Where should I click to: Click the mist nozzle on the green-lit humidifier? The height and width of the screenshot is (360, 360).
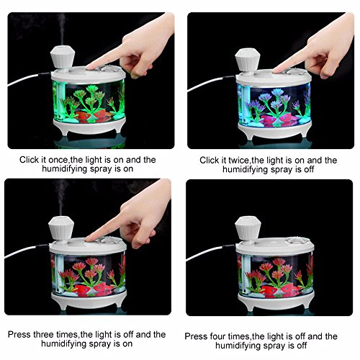[x=63, y=58]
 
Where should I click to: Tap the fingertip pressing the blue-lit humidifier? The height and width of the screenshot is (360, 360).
[x=276, y=71]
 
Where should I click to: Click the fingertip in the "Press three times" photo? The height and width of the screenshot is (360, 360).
[x=89, y=239]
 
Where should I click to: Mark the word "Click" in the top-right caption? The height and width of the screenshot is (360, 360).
[x=209, y=161]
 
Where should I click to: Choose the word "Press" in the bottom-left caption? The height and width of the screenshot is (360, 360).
[x=19, y=335]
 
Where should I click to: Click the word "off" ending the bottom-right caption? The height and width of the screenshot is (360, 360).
[x=301, y=346]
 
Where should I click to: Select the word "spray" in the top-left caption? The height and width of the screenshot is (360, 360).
[x=102, y=169]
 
